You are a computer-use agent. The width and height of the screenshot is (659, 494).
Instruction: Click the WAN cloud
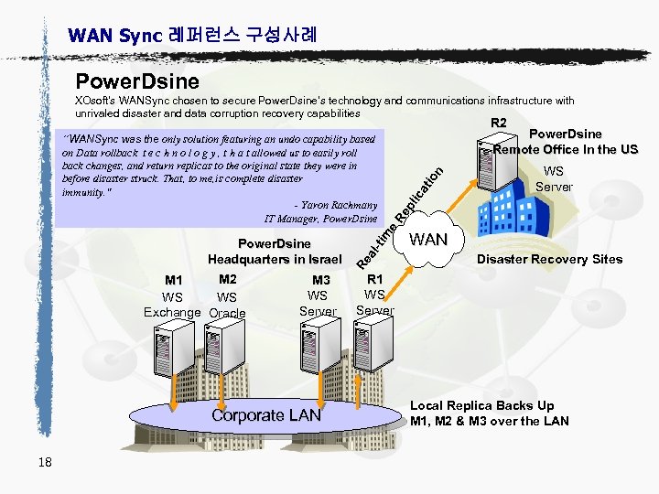coord(428,241)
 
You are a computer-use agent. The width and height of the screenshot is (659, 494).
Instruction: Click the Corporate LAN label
coord(266,415)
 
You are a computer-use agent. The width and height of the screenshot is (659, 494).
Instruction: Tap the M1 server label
coord(174,280)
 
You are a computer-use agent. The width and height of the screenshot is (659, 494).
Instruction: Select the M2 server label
coord(228,279)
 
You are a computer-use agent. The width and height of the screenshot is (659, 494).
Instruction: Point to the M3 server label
coord(320,280)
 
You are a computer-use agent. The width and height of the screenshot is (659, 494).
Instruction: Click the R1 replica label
coord(374,279)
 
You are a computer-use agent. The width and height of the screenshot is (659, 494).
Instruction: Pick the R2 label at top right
coord(498,123)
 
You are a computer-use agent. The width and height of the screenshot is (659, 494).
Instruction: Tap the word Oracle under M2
coord(228,314)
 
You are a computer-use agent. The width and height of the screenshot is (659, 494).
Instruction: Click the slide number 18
coord(45,462)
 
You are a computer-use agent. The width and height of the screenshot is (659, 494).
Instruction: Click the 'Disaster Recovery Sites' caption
coord(549,259)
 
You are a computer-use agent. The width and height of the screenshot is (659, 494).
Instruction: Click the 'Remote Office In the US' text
coord(565,150)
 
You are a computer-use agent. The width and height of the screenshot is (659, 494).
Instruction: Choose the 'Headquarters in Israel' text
coord(274,259)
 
